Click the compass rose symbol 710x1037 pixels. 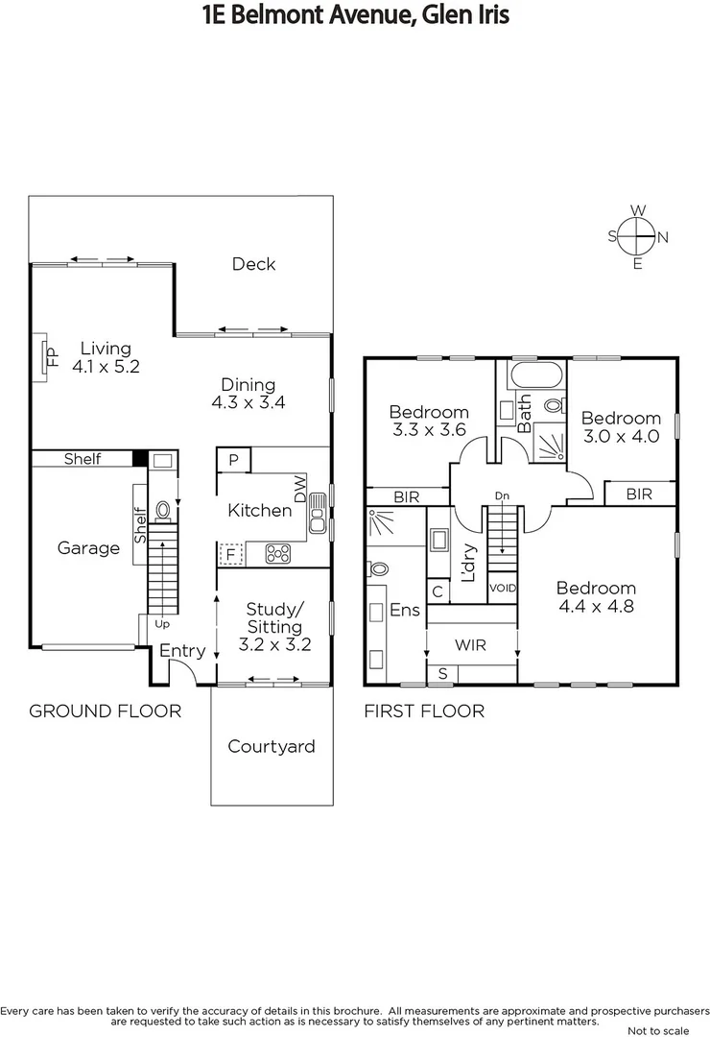pos(637,236)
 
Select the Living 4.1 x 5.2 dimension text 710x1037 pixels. pos(106,366)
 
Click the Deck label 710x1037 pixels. pos(253,264)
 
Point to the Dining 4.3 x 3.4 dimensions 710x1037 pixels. pos(248,402)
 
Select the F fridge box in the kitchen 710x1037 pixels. pos(230,554)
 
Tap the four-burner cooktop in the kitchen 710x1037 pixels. pos(277,553)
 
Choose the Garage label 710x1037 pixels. pos(88,548)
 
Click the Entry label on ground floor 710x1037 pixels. pos(182,651)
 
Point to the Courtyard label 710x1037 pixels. pos(271,746)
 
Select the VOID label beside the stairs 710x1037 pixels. pos(503,588)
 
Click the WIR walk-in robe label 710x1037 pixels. pos(471,645)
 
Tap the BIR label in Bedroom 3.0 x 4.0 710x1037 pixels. pos(639,494)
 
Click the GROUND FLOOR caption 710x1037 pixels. pos(105,711)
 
